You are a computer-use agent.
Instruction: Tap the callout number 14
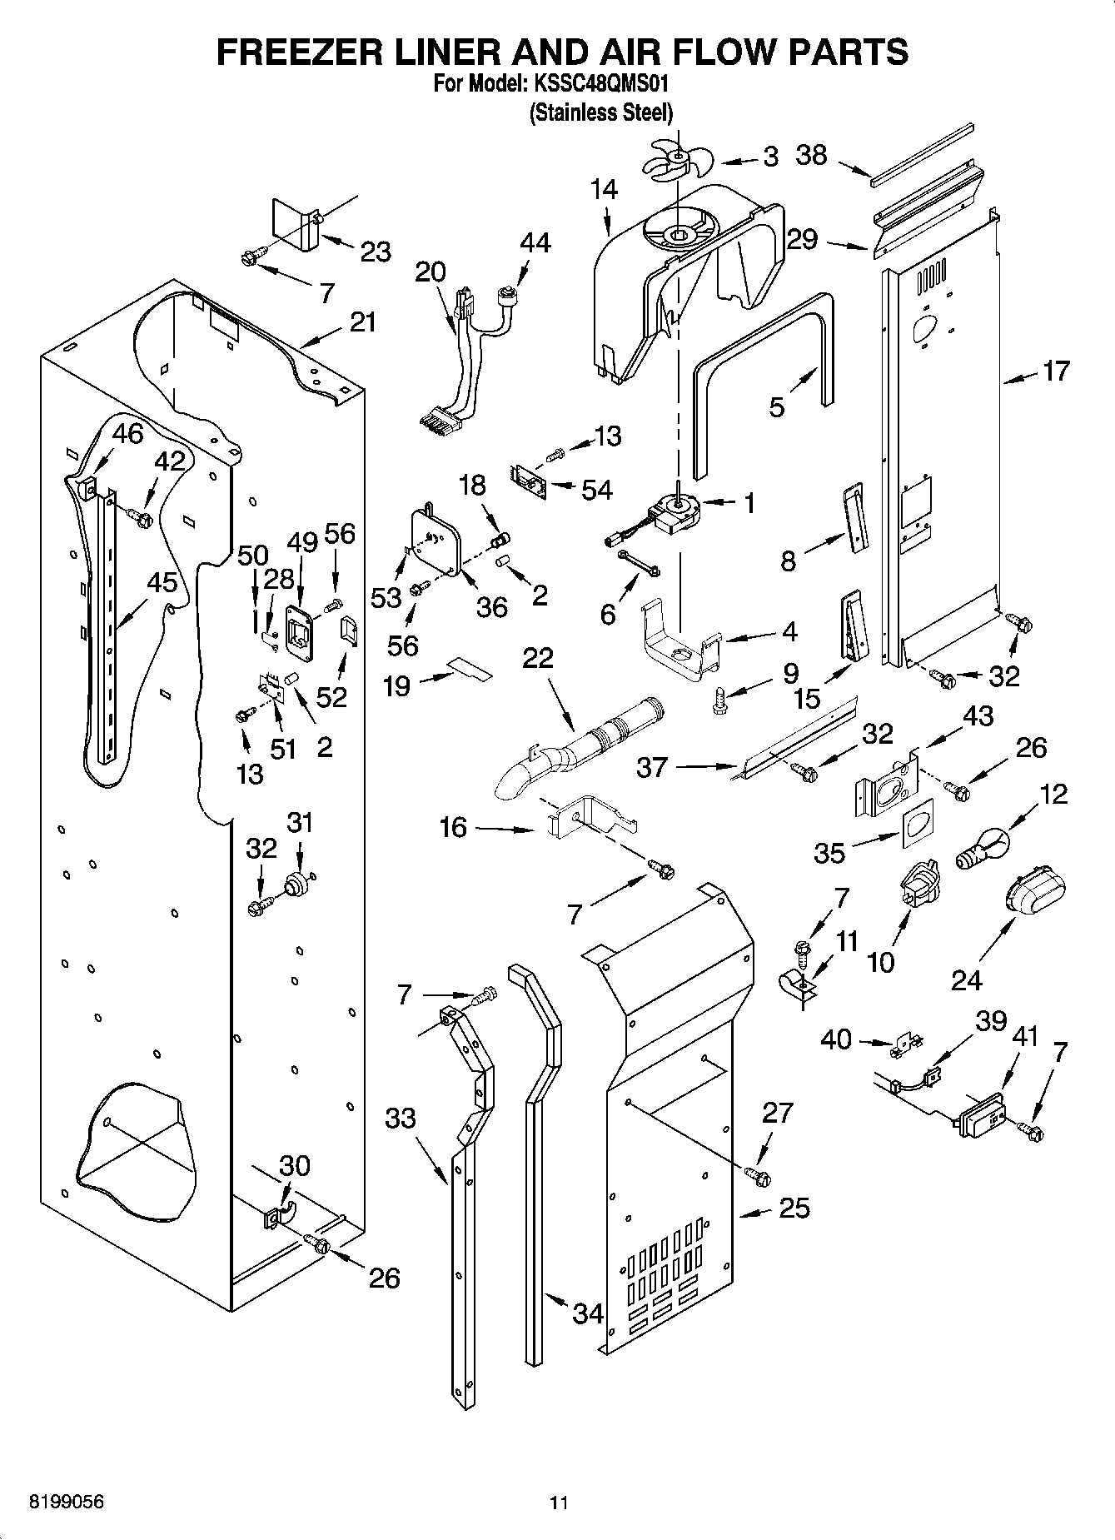605,190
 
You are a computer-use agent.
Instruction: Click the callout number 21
362,321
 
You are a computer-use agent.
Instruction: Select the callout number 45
162,583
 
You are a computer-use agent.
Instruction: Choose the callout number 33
401,1118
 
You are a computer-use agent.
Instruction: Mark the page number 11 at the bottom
558,1503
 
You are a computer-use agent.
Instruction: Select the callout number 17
1056,371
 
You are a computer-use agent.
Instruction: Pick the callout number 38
812,155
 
